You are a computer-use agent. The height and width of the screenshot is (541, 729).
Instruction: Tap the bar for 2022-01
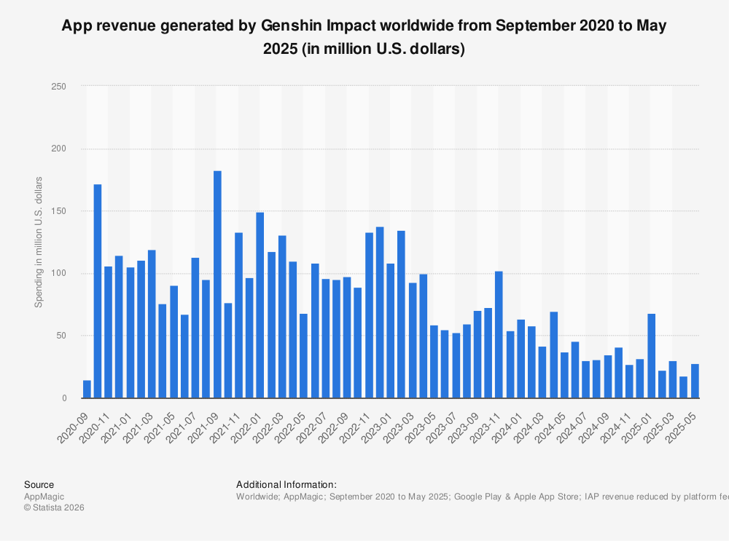pos(260,305)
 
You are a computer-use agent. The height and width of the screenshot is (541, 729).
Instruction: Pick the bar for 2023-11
pos(499,335)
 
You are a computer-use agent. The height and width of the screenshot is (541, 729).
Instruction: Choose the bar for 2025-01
pos(651,356)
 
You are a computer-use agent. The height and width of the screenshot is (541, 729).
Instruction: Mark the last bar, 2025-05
pos(695,381)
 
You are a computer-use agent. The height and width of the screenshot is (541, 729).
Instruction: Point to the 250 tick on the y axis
pos(59,87)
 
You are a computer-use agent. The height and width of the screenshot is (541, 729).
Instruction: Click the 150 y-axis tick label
pos(59,211)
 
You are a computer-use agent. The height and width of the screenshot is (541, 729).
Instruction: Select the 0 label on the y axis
pos(64,398)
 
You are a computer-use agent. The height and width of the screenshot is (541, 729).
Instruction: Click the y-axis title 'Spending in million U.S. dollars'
pos(39,242)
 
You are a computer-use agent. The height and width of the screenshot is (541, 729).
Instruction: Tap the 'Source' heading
pos(39,484)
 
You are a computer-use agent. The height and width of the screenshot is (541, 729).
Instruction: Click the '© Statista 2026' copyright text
pos(54,508)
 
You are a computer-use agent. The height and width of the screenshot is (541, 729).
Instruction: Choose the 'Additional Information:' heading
pos(286,484)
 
